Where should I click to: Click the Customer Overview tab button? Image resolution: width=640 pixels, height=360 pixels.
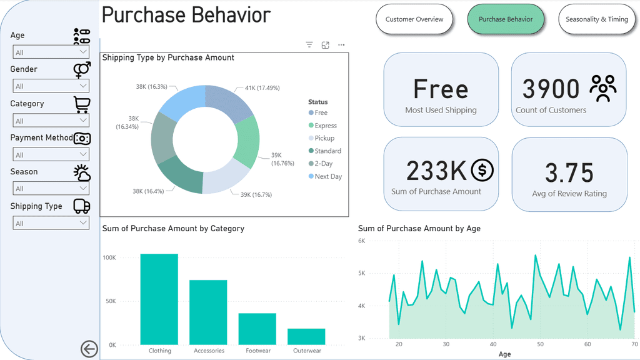[414, 19]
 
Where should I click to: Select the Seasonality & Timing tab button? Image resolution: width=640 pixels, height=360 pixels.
[596, 19]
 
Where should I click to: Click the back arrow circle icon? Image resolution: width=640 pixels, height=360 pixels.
[89, 349]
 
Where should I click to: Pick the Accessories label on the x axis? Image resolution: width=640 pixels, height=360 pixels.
[209, 351]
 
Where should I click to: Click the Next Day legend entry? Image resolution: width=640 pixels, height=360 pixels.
[328, 176]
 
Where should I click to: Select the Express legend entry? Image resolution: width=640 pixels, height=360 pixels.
[326, 126]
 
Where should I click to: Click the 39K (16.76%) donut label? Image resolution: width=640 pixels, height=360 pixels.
[282, 159]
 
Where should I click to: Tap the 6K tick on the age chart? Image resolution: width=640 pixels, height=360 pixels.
[362, 241]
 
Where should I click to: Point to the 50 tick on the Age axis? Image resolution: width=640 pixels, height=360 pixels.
[540, 344]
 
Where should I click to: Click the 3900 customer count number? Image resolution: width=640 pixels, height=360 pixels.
[551, 89]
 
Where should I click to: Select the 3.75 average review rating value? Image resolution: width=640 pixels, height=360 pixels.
[569, 173]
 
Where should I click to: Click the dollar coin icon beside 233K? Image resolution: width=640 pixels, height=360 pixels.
[482, 169]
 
